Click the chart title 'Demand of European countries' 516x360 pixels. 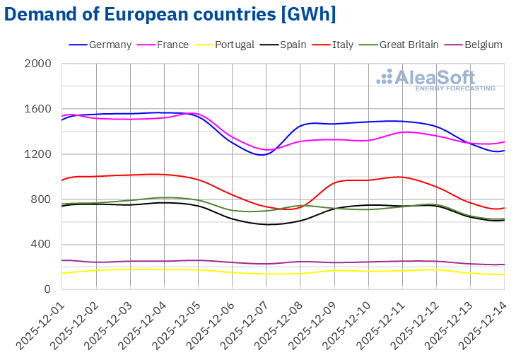click(170, 14)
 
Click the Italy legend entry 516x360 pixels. click(343, 45)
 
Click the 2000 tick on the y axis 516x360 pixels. click(38, 64)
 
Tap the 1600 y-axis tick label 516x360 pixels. click(38, 109)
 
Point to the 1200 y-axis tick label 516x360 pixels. click(38, 154)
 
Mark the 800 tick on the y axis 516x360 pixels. click(42, 199)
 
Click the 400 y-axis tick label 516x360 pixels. click(42, 244)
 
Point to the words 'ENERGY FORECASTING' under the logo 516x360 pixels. click(454, 88)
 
